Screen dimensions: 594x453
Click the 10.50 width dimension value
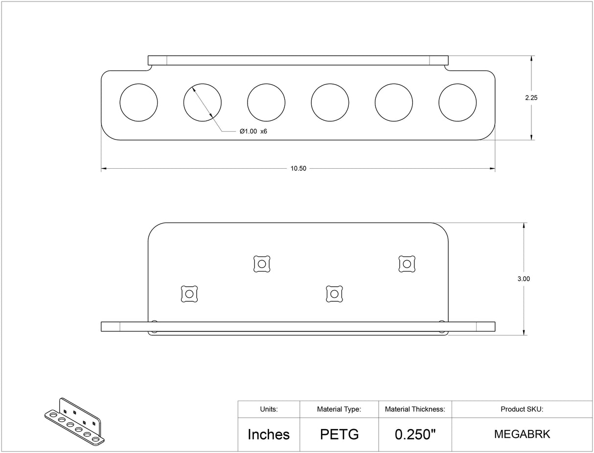[x=298, y=168]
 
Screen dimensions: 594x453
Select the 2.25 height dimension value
[x=531, y=98]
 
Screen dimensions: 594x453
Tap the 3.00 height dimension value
[x=524, y=279]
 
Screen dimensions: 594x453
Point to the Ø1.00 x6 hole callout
[x=253, y=132]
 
